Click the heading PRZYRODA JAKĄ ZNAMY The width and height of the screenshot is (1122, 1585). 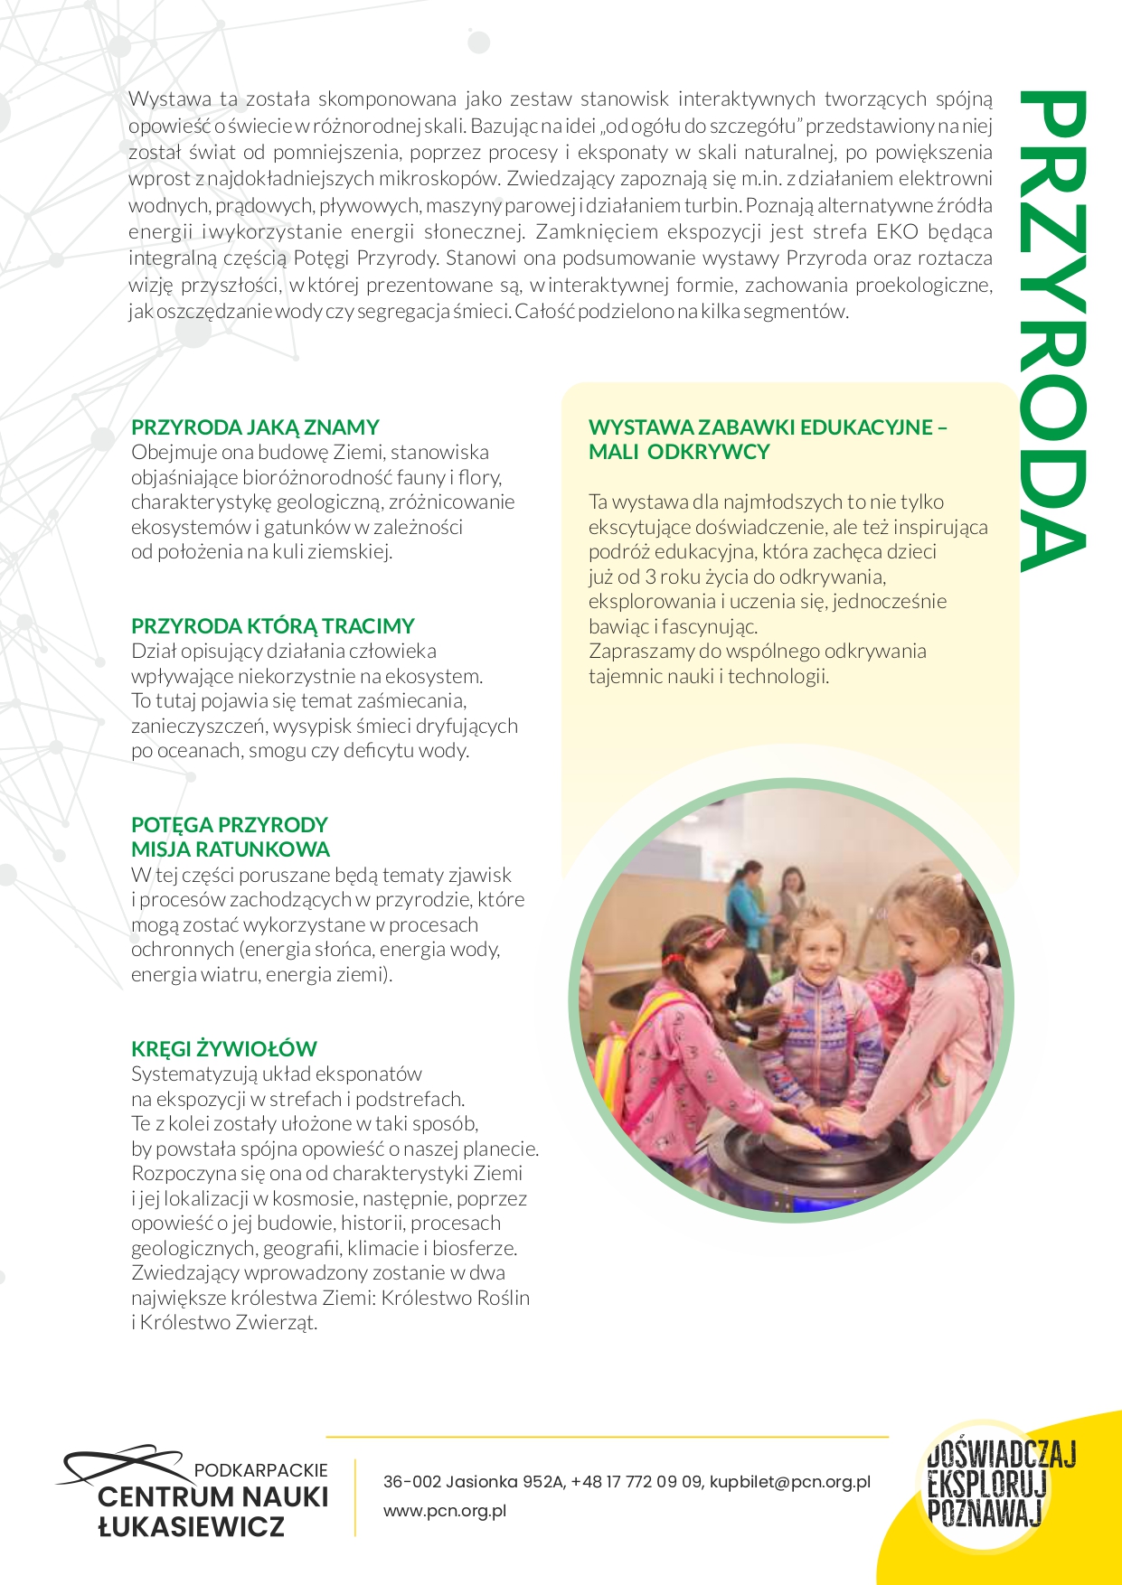[255, 427]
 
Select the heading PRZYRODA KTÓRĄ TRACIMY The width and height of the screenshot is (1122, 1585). [272, 626]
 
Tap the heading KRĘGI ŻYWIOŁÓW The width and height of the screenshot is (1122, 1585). [223, 1049]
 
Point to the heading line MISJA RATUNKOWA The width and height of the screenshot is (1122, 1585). [230, 849]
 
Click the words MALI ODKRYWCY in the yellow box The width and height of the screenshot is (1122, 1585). [678, 452]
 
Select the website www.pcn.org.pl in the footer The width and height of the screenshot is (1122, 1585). [444, 1511]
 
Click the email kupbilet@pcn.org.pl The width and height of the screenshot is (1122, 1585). [789, 1482]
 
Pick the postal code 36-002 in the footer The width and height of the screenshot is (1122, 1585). [411, 1482]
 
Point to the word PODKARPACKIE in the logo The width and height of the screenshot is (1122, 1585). [260, 1470]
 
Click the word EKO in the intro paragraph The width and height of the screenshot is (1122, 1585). [894, 231]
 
